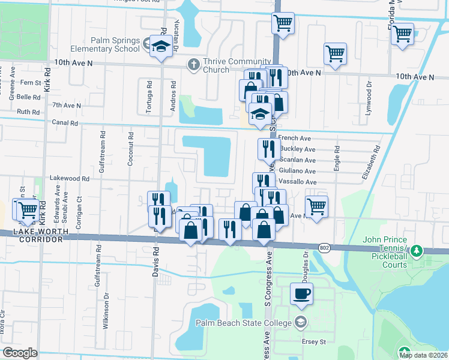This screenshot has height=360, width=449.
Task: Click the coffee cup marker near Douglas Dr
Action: click(301, 294)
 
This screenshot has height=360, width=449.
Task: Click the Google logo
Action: click(20, 353)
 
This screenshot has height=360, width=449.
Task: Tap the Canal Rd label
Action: click(65, 123)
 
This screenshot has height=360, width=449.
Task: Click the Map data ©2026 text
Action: click(423, 355)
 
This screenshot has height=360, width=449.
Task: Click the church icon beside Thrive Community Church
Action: click(193, 65)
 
